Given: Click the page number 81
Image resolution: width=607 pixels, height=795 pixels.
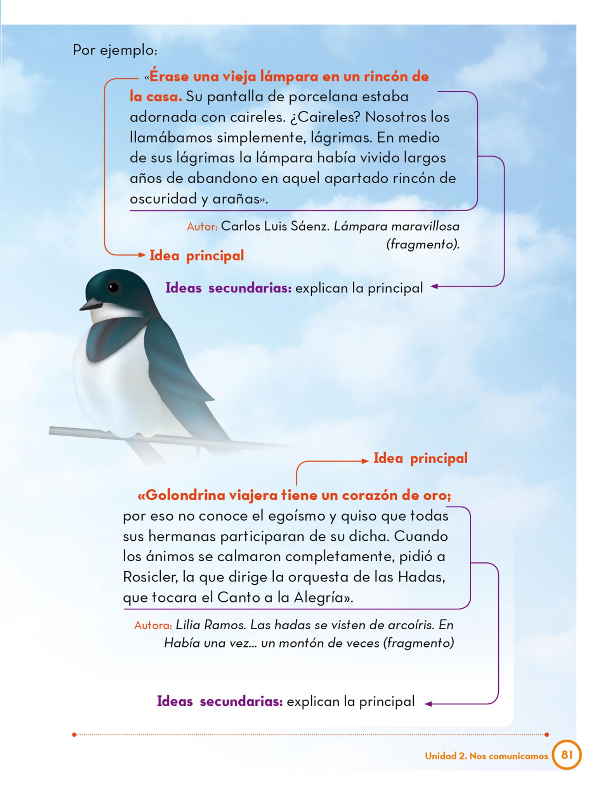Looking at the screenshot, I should coord(567,754).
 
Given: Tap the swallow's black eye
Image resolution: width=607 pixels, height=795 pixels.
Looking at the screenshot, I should coord(113,287).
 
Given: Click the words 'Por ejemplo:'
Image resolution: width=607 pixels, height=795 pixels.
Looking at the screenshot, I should coord(115,50).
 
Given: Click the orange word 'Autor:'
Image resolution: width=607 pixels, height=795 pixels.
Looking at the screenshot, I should coord(202,227).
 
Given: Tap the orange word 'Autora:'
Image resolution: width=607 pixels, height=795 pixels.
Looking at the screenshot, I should coord(153,625).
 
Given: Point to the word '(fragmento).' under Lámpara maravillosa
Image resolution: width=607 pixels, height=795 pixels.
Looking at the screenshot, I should coord(423,245).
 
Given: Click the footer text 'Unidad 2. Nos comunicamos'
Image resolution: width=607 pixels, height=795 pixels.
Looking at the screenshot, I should coord(486,756).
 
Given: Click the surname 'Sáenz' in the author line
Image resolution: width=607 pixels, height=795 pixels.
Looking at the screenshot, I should coord(310,226).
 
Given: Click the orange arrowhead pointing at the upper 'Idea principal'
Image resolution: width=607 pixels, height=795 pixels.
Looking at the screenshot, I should coord(142,255).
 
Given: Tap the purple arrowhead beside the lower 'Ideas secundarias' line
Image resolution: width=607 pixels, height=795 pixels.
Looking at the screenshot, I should coord(428,704).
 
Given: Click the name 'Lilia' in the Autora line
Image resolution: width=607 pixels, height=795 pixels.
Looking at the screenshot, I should coord(188,625).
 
